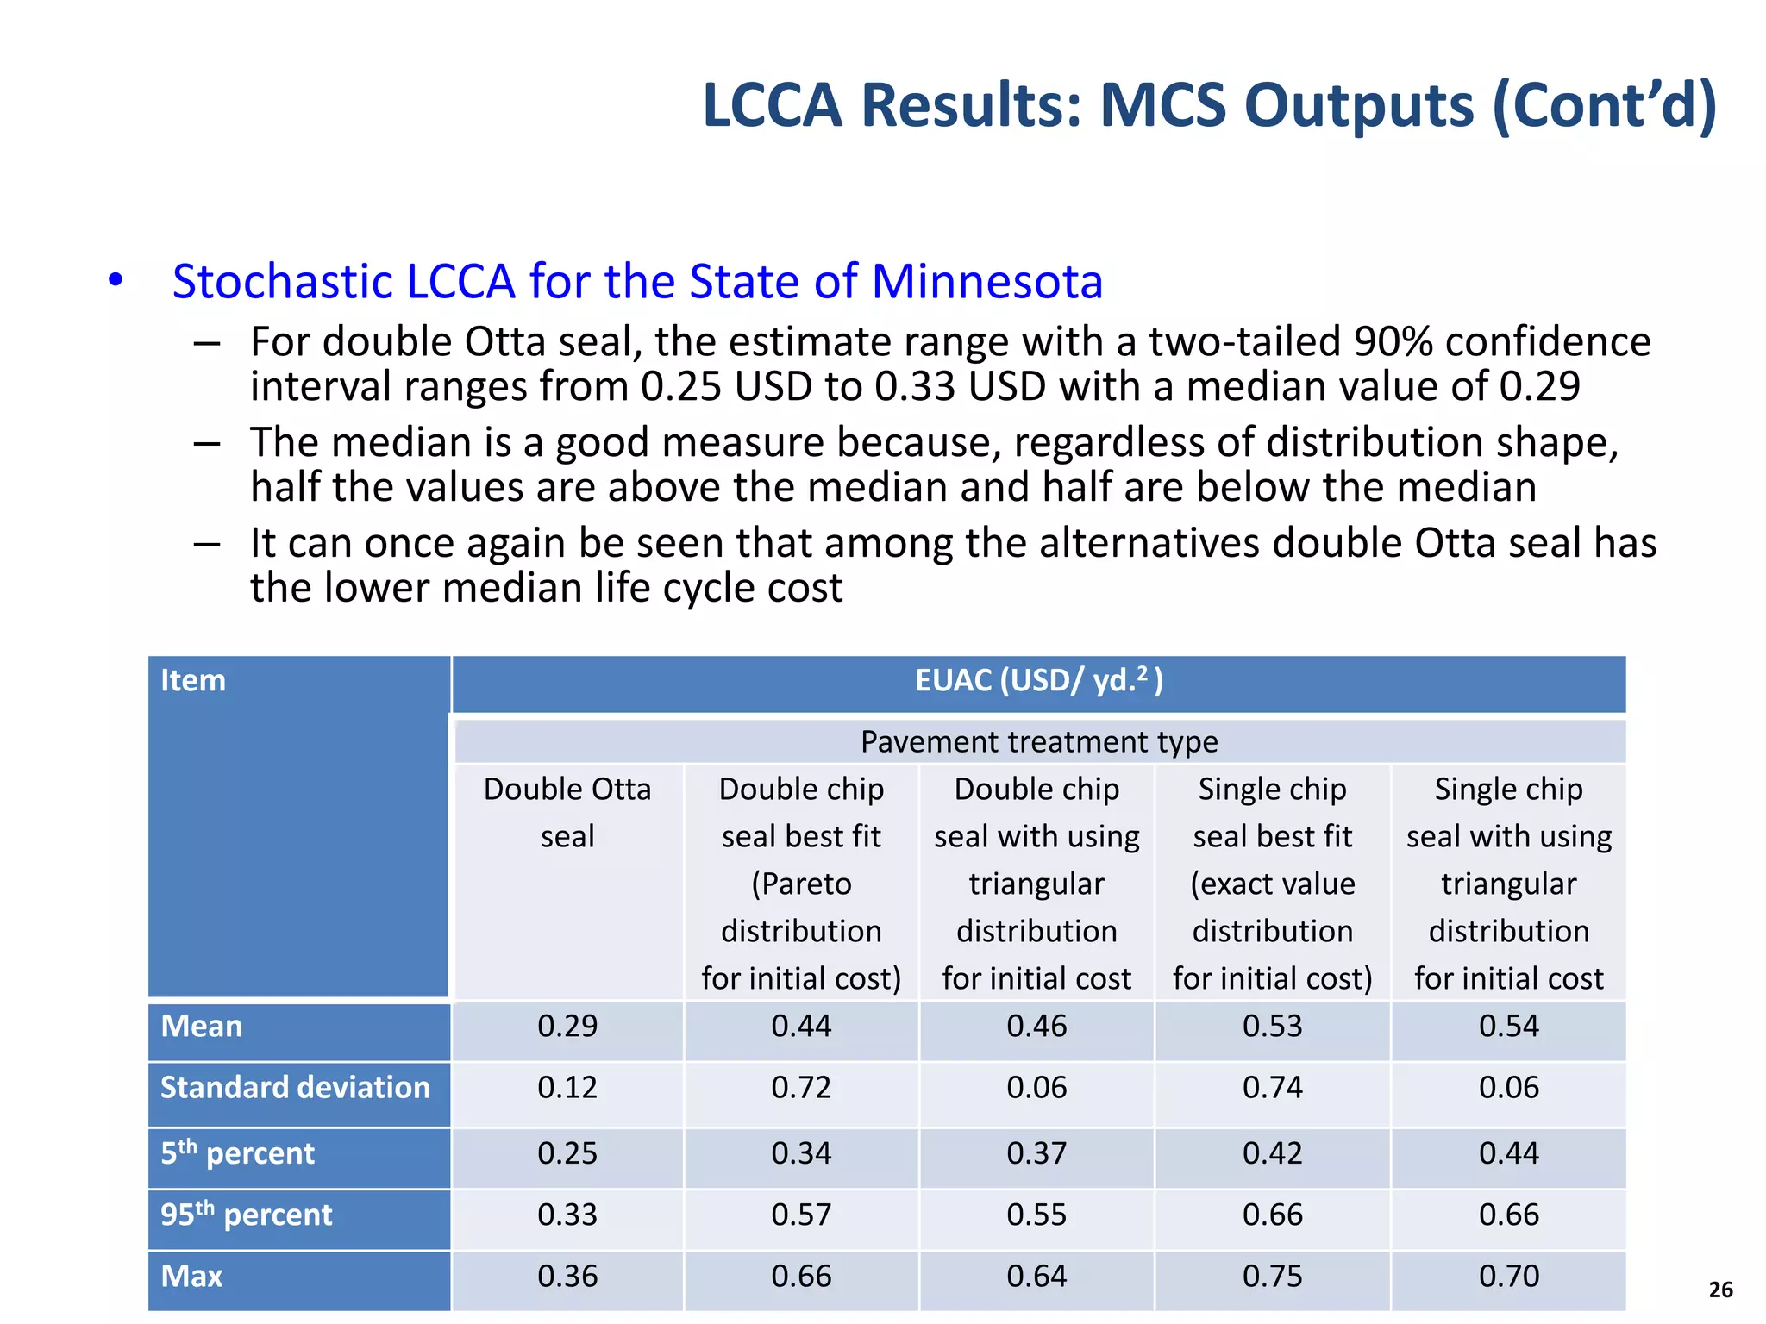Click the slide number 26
[x=1720, y=1290]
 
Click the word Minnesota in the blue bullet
[x=986, y=282]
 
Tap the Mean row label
[x=202, y=1026]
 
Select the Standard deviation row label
[x=295, y=1087]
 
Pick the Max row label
[x=191, y=1276]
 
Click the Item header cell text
[x=193, y=680]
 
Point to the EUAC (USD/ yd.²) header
[x=1038, y=681]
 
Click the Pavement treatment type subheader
[x=1038, y=741]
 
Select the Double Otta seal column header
[x=567, y=812]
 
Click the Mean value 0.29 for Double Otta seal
[x=567, y=1026]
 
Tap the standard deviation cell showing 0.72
[x=801, y=1087]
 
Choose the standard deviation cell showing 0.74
[x=1272, y=1087]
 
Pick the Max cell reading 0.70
[x=1508, y=1276]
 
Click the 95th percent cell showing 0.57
[x=801, y=1215]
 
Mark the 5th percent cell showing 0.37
[x=1036, y=1152]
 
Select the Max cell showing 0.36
[x=567, y=1276]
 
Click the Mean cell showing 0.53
[x=1272, y=1026]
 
